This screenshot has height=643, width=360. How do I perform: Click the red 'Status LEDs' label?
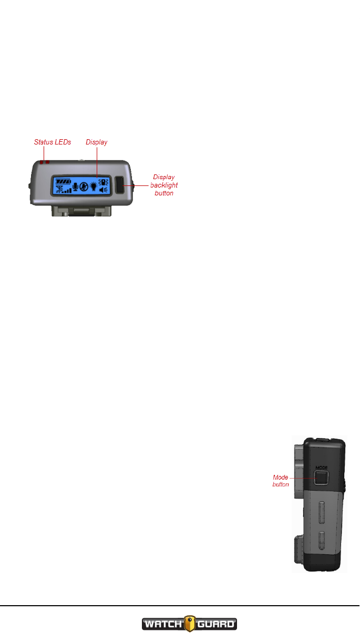[53, 142]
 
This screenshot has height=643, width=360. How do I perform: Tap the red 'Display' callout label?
[97, 142]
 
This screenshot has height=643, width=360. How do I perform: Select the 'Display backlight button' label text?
[164, 185]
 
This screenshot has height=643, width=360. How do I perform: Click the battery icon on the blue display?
[64, 180]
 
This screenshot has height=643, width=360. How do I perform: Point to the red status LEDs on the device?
[44, 162]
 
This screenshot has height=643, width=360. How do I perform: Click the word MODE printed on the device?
[321, 466]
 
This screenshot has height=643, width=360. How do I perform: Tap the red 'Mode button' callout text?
[281, 481]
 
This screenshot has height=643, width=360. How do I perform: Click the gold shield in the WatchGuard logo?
[189, 624]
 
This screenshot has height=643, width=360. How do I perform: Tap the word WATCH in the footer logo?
[162, 625]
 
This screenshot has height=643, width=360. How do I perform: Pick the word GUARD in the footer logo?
[216, 625]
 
